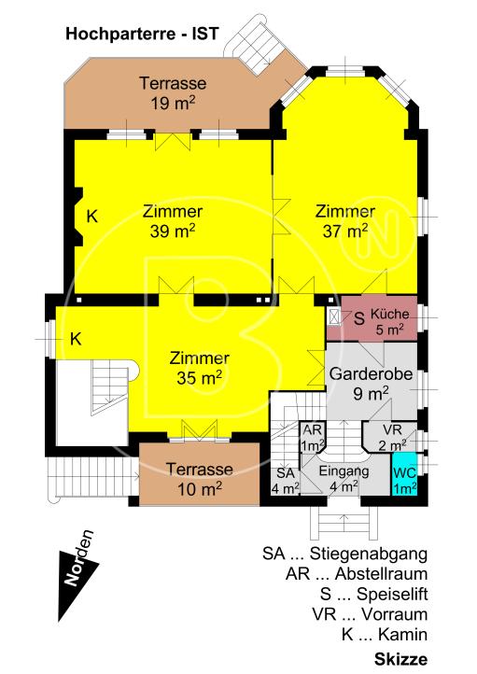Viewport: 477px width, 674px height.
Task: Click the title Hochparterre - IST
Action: pyautogui.click(x=142, y=34)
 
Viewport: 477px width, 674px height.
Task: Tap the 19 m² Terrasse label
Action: pyautogui.click(x=173, y=92)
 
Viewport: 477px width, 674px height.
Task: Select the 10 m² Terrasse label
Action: pyautogui.click(x=200, y=479)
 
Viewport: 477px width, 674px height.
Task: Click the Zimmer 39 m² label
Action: pyautogui.click(x=173, y=221)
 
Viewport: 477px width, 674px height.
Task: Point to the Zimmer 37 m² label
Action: pyautogui.click(x=345, y=221)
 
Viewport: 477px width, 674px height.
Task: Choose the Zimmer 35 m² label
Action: pyautogui.click(x=200, y=368)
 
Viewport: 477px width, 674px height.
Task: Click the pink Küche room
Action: pyautogui.click(x=372, y=318)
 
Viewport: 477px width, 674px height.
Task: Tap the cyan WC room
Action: pyautogui.click(x=404, y=474)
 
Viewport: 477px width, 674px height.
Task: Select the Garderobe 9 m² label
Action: pyautogui.click(x=371, y=384)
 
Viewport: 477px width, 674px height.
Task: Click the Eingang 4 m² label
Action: pyautogui.click(x=344, y=478)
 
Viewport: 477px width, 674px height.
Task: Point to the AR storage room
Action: pyautogui.click(x=313, y=438)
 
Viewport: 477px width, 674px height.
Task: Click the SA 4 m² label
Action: pyautogui.click(x=286, y=481)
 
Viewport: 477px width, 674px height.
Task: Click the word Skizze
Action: pyautogui.click(x=401, y=659)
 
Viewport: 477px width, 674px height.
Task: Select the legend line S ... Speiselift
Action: pyautogui.click(x=373, y=594)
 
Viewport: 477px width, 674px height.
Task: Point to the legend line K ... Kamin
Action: pyautogui.click(x=385, y=634)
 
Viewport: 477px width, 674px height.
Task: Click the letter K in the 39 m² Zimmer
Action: pyautogui.click(x=92, y=217)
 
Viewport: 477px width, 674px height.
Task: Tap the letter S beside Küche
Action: pyautogui.click(x=359, y=318)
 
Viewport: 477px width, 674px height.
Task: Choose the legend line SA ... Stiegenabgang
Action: pyautogui.click(x=345, y=555)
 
